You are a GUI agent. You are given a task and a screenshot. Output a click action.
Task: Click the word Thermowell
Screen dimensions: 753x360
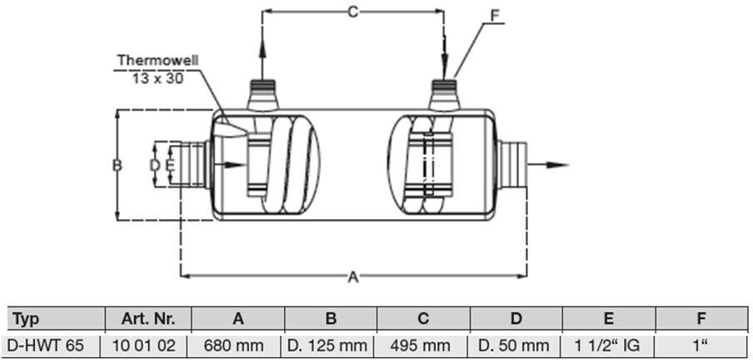pyautogui.click(x=158, y=61)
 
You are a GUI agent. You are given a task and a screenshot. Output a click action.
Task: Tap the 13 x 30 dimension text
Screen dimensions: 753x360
pyautogui.click(x=158, y=77)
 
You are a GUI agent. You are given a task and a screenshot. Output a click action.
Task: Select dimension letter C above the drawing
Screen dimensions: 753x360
pyautogui.click(x=353, y=12)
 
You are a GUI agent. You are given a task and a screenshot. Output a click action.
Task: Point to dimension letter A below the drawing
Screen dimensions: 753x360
pyautogui.click(x=353, y=277)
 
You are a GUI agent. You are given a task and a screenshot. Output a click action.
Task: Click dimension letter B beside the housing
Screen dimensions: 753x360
pyautogui.click(x=117, y=165)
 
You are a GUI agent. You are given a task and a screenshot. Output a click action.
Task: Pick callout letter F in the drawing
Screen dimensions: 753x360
pyautogui.click(x=495, y=16)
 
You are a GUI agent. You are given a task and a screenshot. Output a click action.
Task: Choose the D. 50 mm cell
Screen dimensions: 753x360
pyautogui.click(x=516, y=345)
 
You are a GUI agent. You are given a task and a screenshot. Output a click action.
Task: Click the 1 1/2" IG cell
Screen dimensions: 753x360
pyautogui.click(x=608, y=345)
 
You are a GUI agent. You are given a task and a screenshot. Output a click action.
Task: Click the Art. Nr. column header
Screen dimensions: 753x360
pyautogui.click(x=148, y=318)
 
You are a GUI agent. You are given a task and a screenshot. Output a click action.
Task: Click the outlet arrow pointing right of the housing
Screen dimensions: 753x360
pyautogui.click(x=548, y=165)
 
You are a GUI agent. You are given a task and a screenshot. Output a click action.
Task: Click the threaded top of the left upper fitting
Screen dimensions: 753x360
pyautogui.click(x=262, y=87)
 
